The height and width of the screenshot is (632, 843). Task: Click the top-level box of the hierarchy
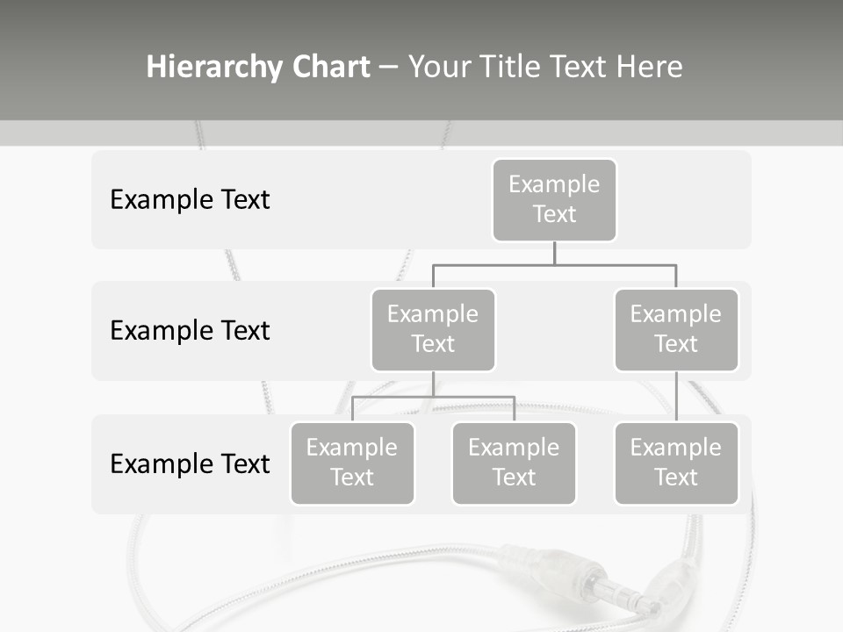[x=554, y=199]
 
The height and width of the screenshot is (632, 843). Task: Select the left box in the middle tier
[x=433, y=329]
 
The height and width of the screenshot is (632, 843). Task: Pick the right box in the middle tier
[x=676, y=329]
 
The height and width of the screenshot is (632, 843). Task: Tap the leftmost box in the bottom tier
[x=352, y=463]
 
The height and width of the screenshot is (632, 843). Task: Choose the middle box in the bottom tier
[x=514, y=463]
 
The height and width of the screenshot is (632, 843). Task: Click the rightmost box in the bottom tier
[x=676, y=463]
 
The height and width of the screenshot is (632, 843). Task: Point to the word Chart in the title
[x=329, y=67]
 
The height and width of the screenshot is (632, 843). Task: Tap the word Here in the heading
[x=649, y=67]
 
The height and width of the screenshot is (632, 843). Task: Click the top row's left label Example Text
[x=190, y=199]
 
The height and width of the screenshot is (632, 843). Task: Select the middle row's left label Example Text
[x=190, y=330]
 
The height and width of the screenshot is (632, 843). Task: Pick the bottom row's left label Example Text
[x=190, y=463]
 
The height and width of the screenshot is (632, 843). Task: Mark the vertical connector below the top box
[x=554, y=253]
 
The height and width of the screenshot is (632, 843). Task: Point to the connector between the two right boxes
[x=676, y=397]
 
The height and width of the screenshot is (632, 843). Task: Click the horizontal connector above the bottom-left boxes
[x=433, y=397]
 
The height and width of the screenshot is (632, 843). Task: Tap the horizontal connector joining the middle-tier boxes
[x=554, y=264]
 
